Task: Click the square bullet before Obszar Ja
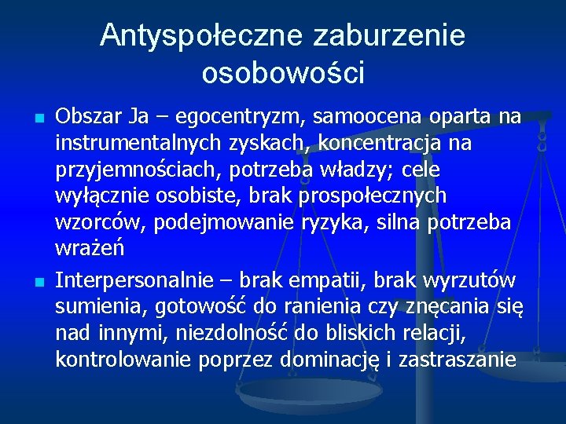click(39, 119)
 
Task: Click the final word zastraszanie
click(469, 360)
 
